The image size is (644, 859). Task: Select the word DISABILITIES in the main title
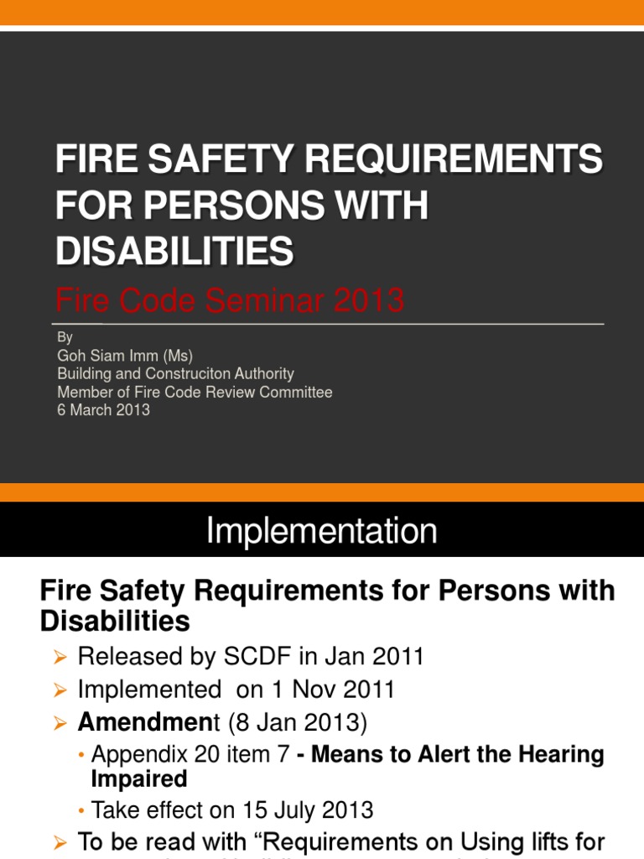point(174,251)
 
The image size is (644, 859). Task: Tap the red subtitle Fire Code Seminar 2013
point(229,299)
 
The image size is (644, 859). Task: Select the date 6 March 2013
point(103,410)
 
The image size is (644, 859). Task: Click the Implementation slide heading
point(322,531)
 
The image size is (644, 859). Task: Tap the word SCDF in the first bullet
point(280,656)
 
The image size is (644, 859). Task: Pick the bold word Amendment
point(148,722)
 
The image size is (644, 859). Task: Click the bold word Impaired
point(138,779)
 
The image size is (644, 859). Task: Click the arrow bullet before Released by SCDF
point(59,657)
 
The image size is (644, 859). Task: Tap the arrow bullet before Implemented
point(59,690)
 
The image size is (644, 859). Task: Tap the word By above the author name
point(65,337)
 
